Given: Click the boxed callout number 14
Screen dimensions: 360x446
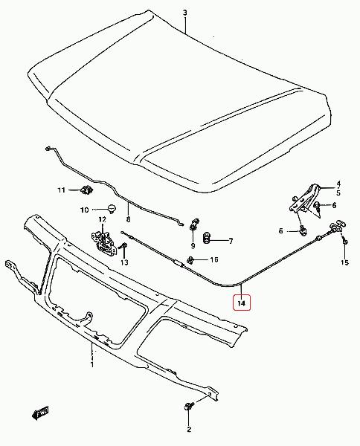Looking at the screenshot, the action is point(241,303).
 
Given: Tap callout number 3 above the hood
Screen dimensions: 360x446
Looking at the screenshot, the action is point(185,13).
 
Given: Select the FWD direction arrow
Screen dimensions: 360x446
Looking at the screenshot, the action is point(40,413).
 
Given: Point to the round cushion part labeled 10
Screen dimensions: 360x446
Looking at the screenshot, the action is point(112,208).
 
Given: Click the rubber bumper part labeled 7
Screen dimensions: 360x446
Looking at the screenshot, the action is point(206,238).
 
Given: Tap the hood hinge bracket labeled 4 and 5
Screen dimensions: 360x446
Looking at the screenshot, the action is point(304,198).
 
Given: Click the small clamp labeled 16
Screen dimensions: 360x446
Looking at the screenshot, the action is point(190,260).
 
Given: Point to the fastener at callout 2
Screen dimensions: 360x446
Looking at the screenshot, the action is point(189,407).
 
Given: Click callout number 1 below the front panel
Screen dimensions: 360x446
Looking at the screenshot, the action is point(92,365).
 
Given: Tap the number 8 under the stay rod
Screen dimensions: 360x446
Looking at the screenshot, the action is point(128,219).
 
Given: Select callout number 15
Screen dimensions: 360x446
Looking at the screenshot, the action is point(344,262).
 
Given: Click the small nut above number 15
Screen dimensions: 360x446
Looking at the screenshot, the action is point(345,241).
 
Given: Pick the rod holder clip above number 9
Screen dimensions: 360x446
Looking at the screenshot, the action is point(194,224).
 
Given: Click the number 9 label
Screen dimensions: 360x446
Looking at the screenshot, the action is point(193,246).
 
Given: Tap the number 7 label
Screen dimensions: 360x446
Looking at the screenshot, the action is point(231,241).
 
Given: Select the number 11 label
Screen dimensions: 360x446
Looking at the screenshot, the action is point(62,190).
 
